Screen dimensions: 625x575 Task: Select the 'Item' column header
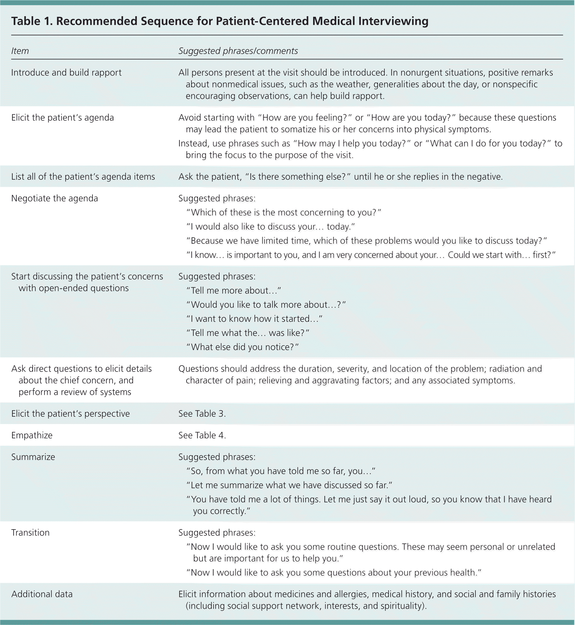20,51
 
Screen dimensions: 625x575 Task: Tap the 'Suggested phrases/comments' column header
238,51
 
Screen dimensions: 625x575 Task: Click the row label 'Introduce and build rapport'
66,72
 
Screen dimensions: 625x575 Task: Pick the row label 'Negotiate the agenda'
54,198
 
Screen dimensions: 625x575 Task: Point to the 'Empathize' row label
32,435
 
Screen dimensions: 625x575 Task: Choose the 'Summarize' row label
33,457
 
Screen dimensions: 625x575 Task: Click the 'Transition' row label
30,532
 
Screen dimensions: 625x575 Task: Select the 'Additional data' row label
42,594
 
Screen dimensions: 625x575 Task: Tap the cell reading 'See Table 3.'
202,414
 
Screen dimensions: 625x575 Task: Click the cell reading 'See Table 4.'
202,435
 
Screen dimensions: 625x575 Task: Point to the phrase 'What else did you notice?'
242,347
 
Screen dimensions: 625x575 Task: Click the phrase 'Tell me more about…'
234,291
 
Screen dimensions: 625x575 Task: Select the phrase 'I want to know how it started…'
254,319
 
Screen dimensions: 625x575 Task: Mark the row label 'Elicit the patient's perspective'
70,414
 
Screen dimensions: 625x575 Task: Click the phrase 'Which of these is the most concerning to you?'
284,212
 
